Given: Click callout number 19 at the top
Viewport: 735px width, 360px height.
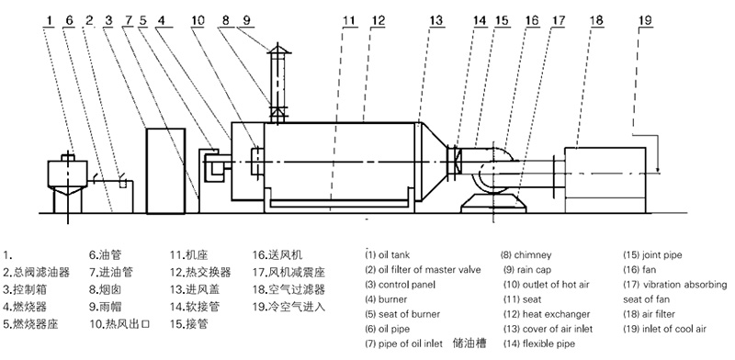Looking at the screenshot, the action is (646, 20).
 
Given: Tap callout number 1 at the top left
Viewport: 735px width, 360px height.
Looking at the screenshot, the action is (50, 20).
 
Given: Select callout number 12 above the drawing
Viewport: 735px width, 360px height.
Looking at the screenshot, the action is (378, 20).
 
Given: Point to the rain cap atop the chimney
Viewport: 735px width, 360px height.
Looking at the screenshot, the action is (279, 48).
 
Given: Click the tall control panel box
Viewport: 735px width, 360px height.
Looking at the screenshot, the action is (165, 171).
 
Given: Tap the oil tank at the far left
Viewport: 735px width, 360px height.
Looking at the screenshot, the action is (67, 174).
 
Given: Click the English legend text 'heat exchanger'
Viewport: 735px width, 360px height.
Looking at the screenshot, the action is (556, 314).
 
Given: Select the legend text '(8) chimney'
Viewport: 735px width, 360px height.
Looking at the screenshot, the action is (526, 255).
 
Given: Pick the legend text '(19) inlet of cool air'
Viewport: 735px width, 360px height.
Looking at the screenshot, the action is (664, 329).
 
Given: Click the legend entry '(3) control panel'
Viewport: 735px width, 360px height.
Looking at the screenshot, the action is (400, 285).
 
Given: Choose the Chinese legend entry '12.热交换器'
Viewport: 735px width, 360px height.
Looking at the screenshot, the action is (200, 273).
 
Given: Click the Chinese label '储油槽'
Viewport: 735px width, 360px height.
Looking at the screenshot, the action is (469, 343).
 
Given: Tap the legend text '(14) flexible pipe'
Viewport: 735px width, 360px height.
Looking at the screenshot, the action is (539, 344).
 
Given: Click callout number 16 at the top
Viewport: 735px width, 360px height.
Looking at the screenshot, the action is (532, 20).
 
